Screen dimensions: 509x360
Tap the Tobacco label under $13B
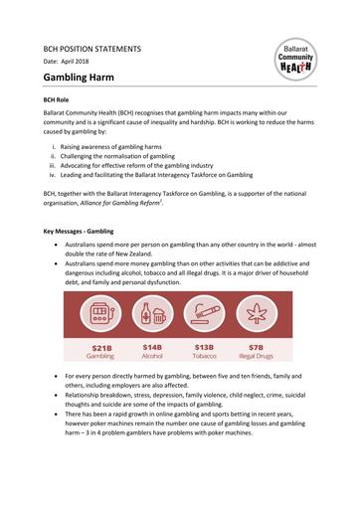pyautogui.click(x=205, y=357)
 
